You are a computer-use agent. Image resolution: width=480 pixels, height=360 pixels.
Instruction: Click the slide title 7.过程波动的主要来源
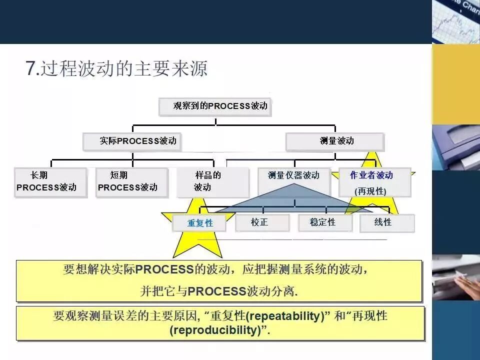[116, 68]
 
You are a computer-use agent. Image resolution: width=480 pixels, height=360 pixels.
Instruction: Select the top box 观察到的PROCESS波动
[215, 106]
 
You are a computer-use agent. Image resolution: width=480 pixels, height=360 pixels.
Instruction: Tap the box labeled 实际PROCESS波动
[132, 141]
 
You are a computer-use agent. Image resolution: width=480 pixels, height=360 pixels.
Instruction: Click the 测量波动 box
[335, 141]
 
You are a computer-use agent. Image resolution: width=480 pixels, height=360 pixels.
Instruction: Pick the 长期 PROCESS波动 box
[50, 181]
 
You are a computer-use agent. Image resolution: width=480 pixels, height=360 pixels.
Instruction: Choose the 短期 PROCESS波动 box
[131, 181]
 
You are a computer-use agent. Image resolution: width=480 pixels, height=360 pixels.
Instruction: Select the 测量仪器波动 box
[294, 175]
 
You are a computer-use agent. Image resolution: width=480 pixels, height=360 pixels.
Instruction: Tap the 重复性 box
[199, 223]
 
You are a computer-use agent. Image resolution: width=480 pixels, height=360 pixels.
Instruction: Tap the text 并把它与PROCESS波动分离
[219, 291]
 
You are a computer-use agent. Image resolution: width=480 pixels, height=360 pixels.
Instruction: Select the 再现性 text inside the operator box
[370, 191]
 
